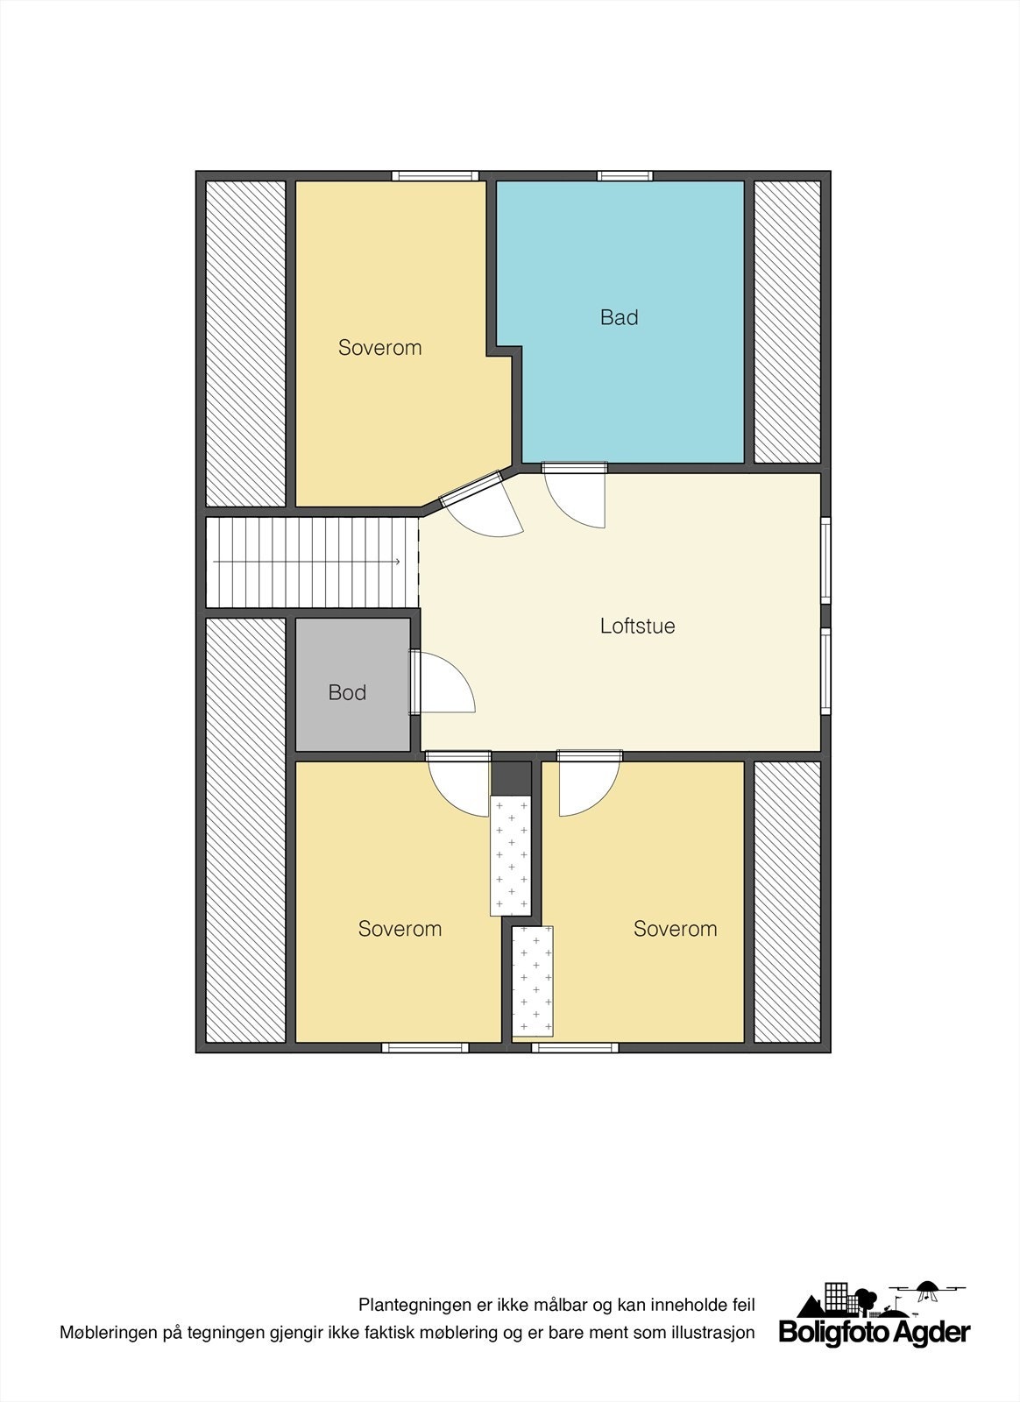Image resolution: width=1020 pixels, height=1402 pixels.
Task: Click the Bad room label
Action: pyautogui.click(x=619, y=317)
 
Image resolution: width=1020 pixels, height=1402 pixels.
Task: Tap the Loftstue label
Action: pyautogui.click(x=637, y=627)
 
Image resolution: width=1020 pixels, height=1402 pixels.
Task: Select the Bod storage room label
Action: pyautogui.click(x=347, y=693)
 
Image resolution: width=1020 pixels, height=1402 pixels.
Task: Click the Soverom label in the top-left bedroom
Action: pyautogui.click(x=379, y=348)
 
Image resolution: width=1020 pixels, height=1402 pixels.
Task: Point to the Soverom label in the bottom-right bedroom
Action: pyautogui.click(x=675, y=929)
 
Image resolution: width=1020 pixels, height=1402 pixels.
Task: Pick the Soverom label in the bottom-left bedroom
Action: pyautogui.click(x=400, y=929)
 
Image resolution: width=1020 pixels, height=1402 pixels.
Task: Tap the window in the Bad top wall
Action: pyautogui.click(x=625, y=176)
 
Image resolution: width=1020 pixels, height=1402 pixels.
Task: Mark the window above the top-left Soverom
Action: pyautogui.click(x=435, y=176)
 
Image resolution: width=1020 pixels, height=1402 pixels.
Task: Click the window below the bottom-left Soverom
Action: pyautogui.click(x=425, y=1047)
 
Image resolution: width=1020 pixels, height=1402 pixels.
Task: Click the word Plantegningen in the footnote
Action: pyautogui.click(x=415, y=1305)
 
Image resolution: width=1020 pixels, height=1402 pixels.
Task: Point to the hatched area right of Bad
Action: pyautogui.click(x=787, y=322)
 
